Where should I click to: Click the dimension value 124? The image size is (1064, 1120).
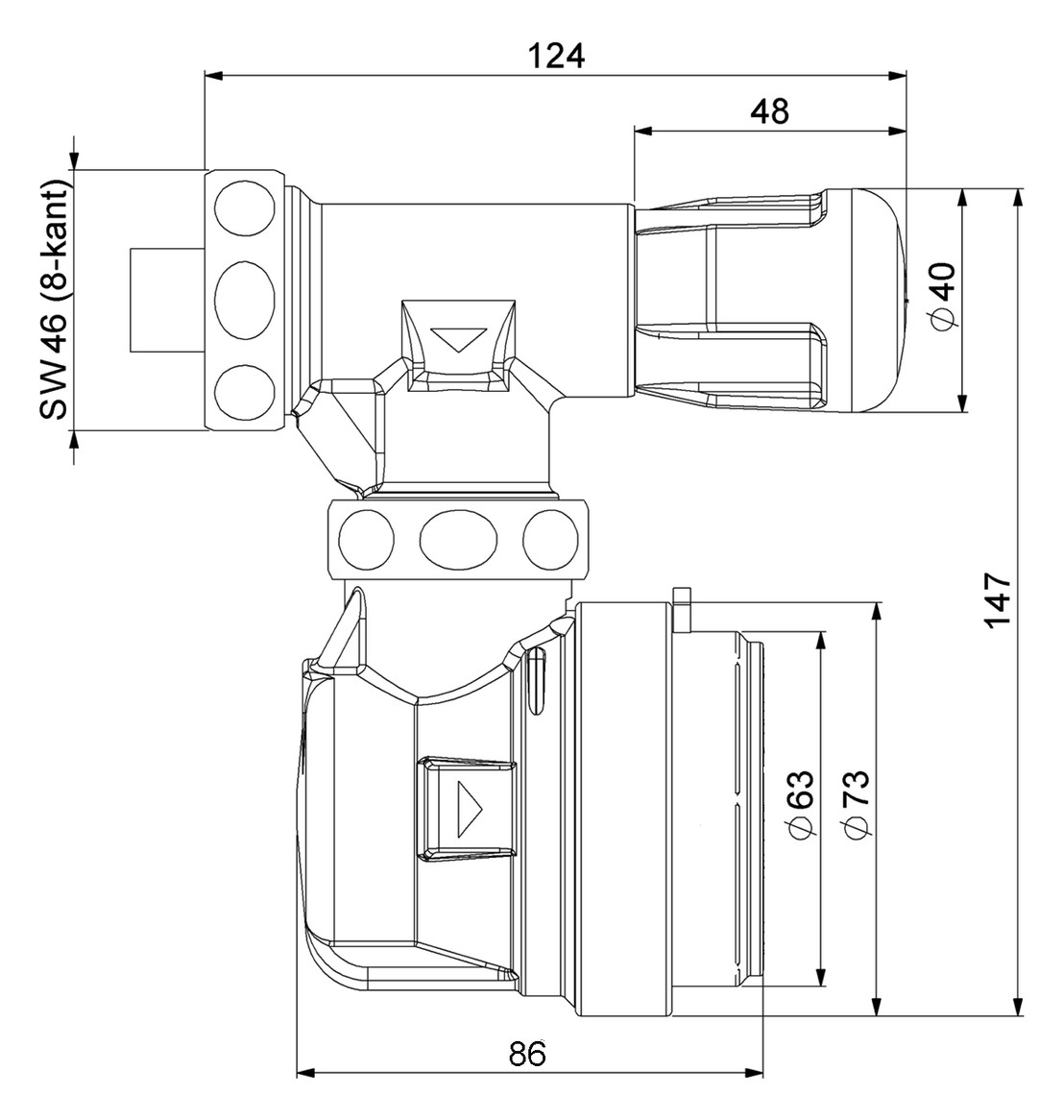[556, 55]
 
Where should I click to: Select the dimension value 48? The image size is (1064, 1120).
[770, 111]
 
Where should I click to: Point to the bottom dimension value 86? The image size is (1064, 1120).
[528, 1053]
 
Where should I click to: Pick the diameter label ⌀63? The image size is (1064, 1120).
[800, 804]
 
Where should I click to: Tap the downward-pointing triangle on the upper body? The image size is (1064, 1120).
[459, 339]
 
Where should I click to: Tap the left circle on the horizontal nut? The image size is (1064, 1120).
[366, 539]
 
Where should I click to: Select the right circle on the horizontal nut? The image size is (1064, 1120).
[550, 539]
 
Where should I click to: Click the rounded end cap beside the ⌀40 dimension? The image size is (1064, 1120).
[867, 300]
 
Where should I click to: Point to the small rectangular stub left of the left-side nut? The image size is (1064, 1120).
[167, 300]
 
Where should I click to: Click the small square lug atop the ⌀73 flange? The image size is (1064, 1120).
[683, 611]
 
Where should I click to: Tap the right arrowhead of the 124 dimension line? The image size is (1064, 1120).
[898, 74]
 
